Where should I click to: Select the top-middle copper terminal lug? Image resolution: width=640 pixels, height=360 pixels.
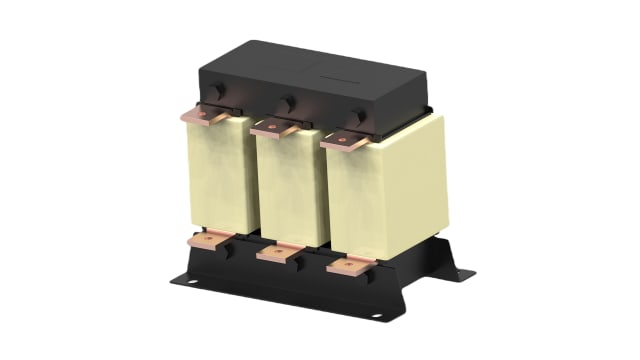tap(273, 127)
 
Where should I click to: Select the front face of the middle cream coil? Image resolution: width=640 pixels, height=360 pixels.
tap(287, 190)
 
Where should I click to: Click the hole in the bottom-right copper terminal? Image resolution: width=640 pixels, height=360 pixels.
tap(345, 267)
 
